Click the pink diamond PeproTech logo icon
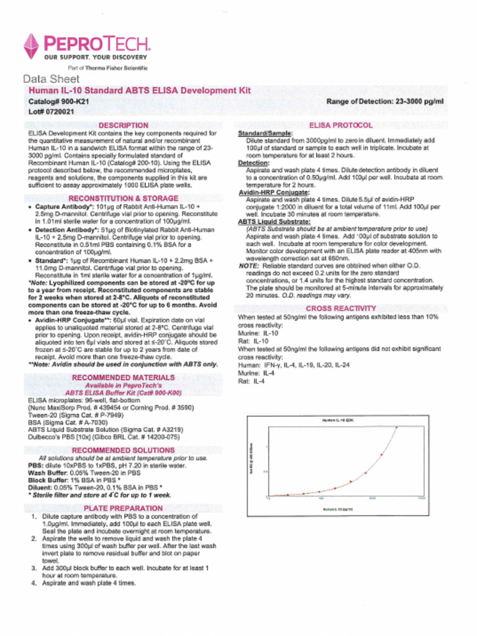click(x=30, y=45)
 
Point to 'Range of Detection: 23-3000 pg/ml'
click(x=385, y=101)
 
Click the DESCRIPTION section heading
click(x=124, y=125)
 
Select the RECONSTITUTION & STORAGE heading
click(x=123, y=198)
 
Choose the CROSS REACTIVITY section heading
click(x=340, y=308)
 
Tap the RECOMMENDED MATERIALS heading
click(x=123, y=378)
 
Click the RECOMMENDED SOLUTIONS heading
click(x=123, y=450)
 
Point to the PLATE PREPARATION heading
click(x=123, y=508)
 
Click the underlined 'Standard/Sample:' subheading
click(x=265, y=134)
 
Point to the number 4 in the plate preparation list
click(x=34, y=583)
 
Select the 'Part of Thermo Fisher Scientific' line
click(x=107, y=67)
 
